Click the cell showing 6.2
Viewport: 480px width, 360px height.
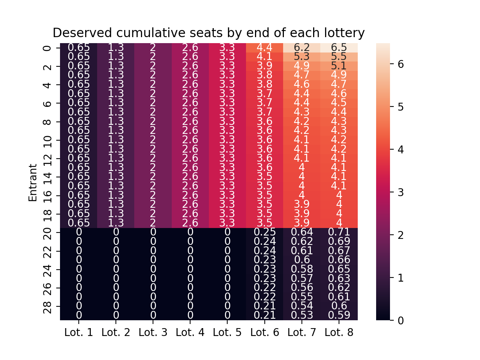(x=301, y=48)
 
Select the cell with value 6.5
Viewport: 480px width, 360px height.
(x=339, y=48)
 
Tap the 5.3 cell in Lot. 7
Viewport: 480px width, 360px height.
(x=301, y=57)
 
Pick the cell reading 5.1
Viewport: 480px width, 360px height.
(x=339, y=66)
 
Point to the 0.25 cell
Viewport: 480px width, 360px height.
(x=264, y=232)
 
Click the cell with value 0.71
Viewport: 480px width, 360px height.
(x=339, y=232)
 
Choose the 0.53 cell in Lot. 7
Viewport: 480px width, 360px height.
(x=301, y=315)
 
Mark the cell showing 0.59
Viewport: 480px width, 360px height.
(x=339, y=315)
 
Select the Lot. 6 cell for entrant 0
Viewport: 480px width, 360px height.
(x=264, y=48)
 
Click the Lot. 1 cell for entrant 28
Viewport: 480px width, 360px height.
(x=79, y=306)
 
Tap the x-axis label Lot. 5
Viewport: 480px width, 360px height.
(x=227, y=332)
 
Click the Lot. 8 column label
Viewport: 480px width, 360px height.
(x=339, y=332)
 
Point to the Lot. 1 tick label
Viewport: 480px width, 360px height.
(x=79, y=332)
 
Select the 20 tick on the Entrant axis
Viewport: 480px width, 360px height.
(x=48, y=232)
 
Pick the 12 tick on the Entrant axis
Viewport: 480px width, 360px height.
(x=48, y=159)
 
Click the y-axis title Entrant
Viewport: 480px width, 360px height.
(x=33, y=183)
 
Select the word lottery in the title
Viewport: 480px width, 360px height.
(x=345, y=33)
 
